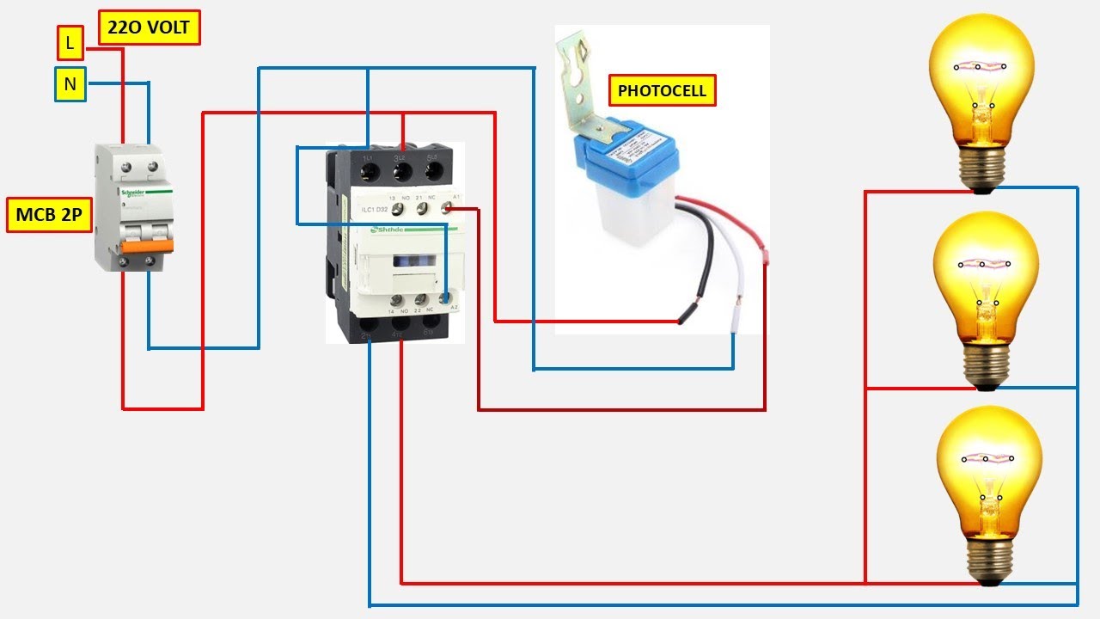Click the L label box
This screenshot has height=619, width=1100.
click(x=70, y=41)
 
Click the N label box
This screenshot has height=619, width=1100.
click(x=70, y=84)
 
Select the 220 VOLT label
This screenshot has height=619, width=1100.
click(x=149, y=28)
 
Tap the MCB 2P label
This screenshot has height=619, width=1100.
click(x=49, y=215)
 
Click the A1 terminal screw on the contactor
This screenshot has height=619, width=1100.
click(x=447, y=207)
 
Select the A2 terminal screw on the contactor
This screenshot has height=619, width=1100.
click(x=445, y=299)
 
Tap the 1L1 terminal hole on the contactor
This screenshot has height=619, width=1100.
click(x=370, y=172)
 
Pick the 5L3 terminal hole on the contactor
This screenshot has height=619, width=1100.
click(x=433, y=172)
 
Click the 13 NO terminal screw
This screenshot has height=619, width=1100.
click(x=393, y=208)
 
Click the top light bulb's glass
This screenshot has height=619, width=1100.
click(x=980, y=77)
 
